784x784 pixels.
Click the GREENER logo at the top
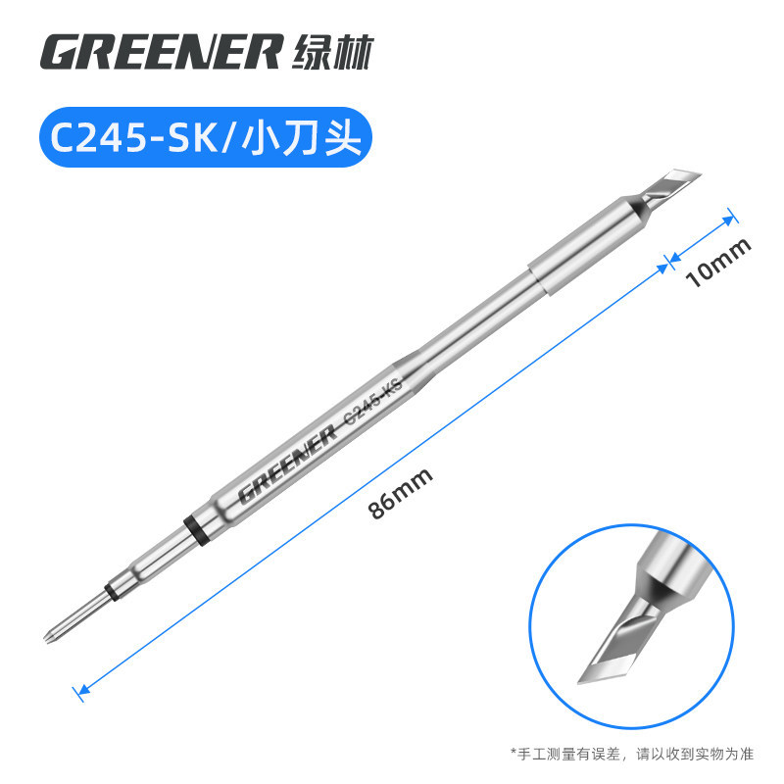point(161,52)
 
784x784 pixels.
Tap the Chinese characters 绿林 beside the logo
point(332,52)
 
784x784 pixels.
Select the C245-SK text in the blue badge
point(135,137)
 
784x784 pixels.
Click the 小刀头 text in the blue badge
point(301,137)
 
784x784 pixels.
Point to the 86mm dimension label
point(400,493)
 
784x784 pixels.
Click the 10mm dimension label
point(718,261)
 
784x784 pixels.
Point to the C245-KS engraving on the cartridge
point(373,402)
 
